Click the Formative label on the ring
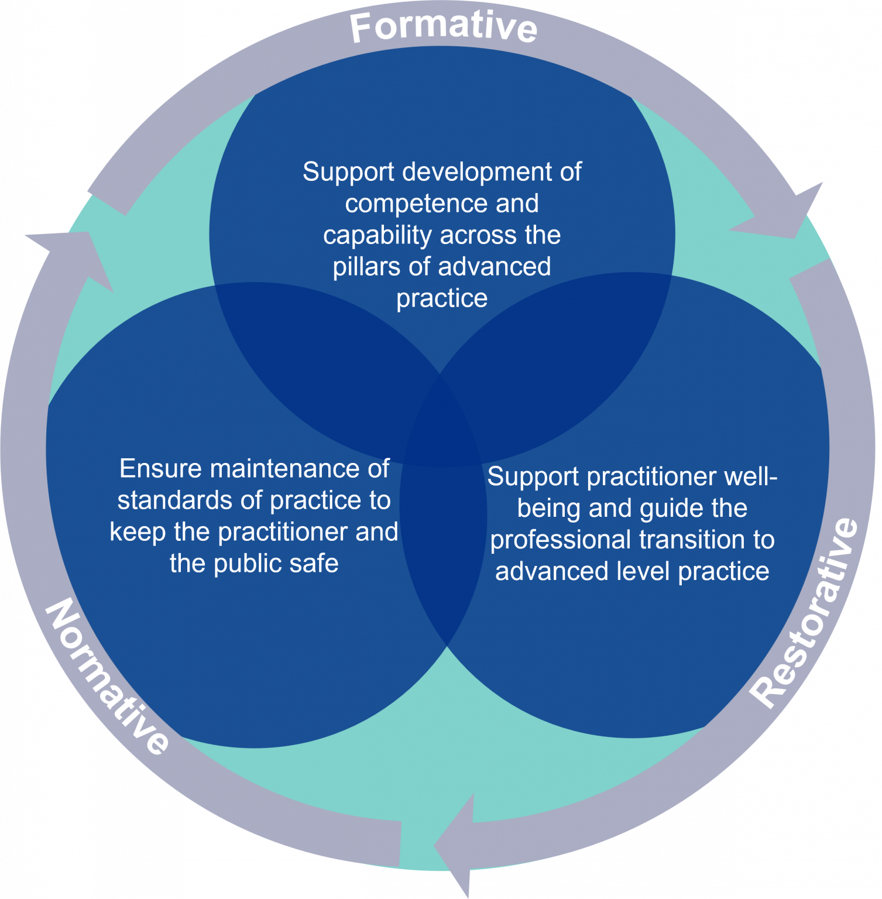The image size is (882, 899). pos(443,27)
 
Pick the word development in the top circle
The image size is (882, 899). pos(477,172)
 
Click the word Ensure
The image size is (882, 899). pos(161,469)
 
